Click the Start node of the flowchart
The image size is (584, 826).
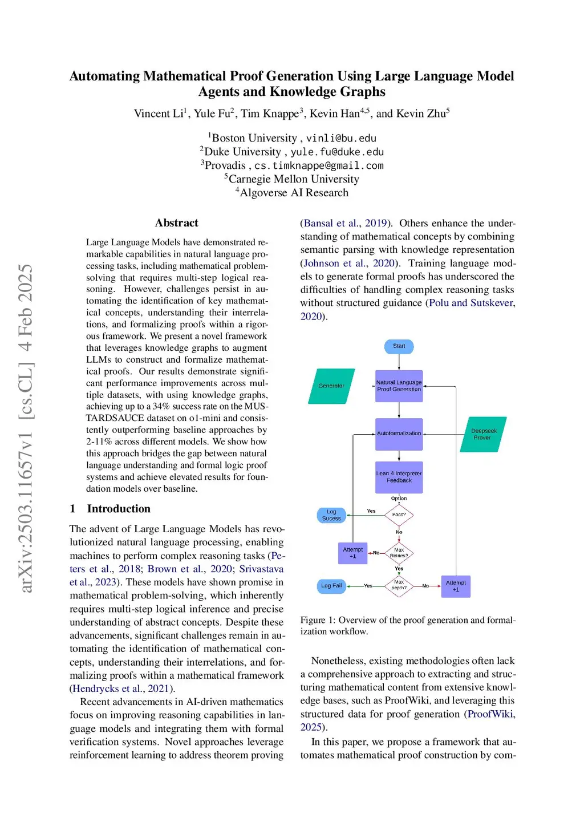point(399,346)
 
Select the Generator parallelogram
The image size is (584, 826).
point(331,386)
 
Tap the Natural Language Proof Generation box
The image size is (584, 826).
point(399,386)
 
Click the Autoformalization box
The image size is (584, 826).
point(399,434)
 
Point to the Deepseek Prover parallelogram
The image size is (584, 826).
point(483,435)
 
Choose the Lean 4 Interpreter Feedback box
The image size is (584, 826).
point(399,477)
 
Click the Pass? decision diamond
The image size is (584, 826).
point(399,515)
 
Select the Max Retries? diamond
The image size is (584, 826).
point(399,553)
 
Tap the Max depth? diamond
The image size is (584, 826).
point(399,585)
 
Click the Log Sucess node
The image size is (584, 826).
point(331,515)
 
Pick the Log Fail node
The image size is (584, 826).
point(331,586)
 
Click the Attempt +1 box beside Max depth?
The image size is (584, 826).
point(456,586)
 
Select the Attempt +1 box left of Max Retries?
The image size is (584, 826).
point(352,553)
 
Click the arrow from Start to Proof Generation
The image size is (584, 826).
point(399,362)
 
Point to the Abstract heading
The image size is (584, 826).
point(177,223)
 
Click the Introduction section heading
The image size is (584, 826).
point(119,509)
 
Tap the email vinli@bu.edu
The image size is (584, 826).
point(341,138)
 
